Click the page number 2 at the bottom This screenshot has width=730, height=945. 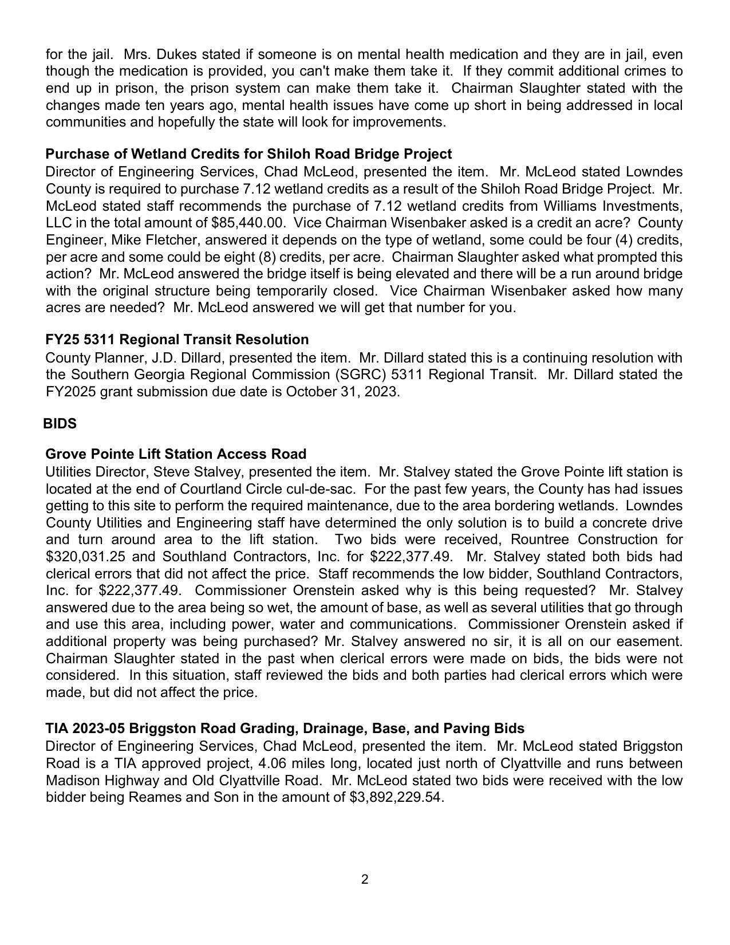point(365,879)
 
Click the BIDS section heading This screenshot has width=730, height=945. point(60,423)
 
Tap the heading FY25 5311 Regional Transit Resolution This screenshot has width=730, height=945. point(177,339)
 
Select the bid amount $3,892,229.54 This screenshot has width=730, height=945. point(396,797)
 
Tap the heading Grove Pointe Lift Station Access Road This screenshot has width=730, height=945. point(176,454)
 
